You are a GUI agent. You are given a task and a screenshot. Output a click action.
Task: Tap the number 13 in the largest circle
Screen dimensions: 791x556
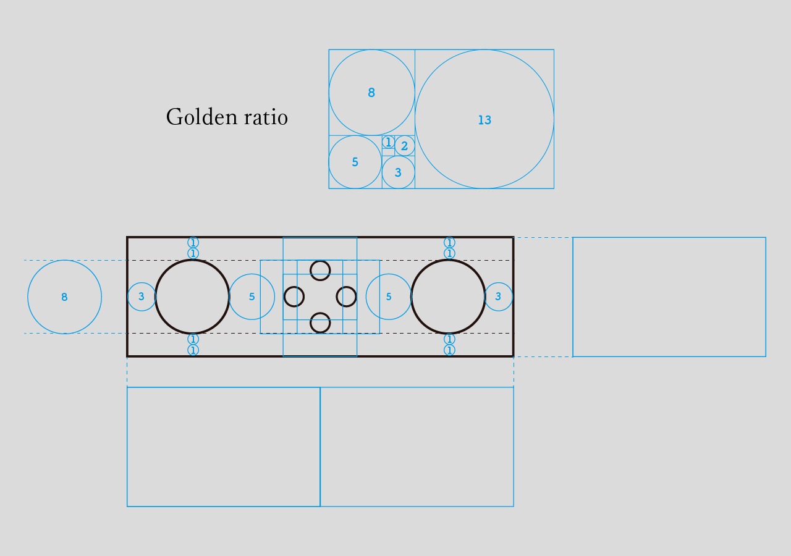click(x=484, y=120)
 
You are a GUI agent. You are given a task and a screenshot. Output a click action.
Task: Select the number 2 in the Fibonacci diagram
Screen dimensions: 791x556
click(x=404, y=146)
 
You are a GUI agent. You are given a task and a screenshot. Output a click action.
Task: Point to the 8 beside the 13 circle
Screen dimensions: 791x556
click(x=371, y=93)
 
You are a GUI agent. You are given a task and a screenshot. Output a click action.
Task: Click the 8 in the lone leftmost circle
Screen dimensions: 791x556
click(x=64, y=297)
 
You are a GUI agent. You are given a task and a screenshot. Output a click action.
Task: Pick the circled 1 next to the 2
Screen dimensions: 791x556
click(x=388, y=142)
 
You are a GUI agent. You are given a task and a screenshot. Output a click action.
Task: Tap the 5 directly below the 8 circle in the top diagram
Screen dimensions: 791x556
click(x=355, y=162)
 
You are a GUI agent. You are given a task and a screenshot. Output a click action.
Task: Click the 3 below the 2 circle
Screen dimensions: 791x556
click(x=398, y=172)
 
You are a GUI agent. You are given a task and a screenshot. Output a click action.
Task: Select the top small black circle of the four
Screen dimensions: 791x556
click(x=320, y=261)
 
